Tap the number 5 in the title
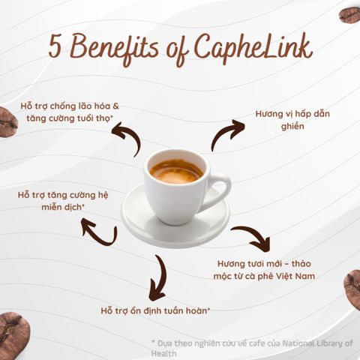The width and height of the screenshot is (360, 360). pyautogui.click(x=55, y=46)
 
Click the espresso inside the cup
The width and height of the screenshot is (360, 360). pyautogui.click(x=176, y=172)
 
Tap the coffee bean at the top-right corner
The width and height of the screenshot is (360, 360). pyautogui.click(x=349, y=15)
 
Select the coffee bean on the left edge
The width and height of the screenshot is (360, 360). pyautogui.click(x=8, y=122)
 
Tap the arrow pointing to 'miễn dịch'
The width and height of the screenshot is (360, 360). pyautogui.click(x=100, y=235)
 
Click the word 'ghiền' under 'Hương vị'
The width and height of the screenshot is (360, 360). pyautogui.click(x=292, y=126)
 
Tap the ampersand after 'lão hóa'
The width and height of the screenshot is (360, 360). pyautogui.click(x=115, y=106)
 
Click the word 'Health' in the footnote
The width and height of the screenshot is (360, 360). pyautogui.click(x=163, y=354)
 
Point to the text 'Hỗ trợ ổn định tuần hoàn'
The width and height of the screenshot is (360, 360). pyautogui.click(x=155, y=311)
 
